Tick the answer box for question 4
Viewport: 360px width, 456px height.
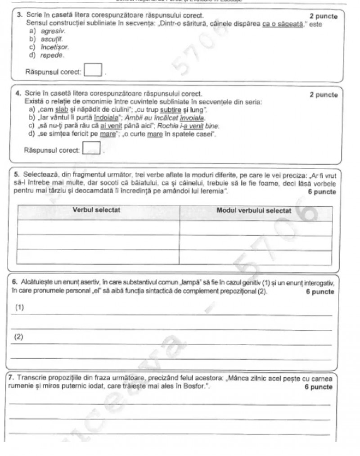pos(91,148)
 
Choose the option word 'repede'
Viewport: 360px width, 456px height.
pos(52,55)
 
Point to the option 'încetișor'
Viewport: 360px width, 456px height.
pos(55,47)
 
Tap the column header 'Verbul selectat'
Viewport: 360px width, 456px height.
pos(96,210)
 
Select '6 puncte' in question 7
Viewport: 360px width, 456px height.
pos(318,387)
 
